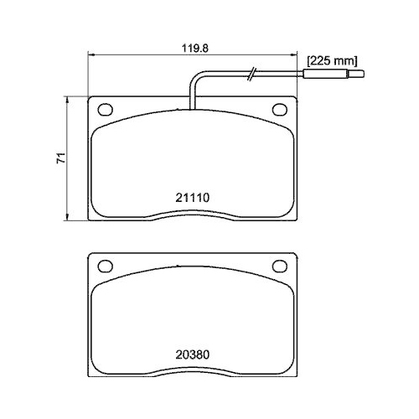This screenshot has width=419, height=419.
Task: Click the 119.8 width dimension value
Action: click(194, 48)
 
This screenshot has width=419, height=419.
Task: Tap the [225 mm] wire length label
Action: click(332, 60)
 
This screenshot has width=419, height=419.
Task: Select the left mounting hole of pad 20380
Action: click(105, 266)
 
